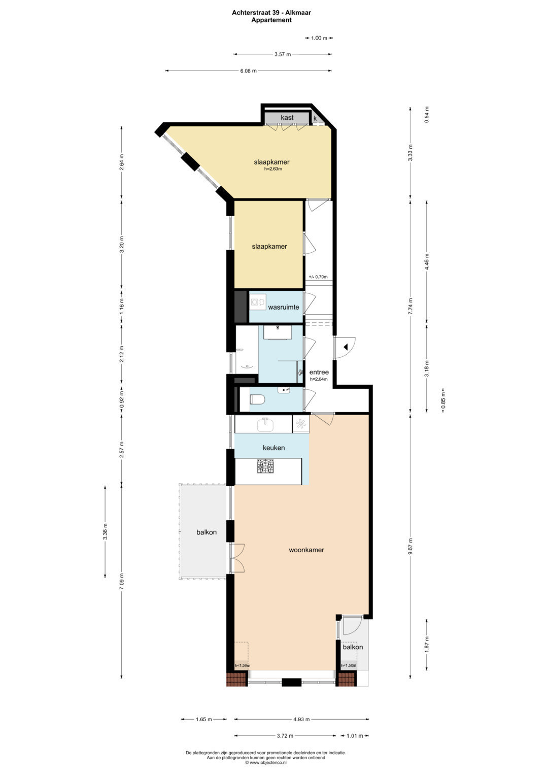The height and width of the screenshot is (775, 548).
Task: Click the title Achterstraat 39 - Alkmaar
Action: pos(271,13)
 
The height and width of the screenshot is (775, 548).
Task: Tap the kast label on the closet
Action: pos(287,118)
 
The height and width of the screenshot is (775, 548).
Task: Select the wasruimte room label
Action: pos(283,307)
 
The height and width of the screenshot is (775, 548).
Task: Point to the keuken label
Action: pos(273,448)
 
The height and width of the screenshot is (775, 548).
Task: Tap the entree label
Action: pos(319,373)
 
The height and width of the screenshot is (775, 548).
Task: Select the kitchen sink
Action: pos(265,424)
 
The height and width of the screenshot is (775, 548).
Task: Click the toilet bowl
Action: pos(257,400)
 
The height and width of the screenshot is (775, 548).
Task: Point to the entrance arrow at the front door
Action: pos(345,347)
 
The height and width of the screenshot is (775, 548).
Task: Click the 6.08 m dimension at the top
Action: pos(249,71)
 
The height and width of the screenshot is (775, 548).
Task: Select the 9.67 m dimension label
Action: pos(410,546)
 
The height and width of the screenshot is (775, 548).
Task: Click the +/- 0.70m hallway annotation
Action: pos(318,277)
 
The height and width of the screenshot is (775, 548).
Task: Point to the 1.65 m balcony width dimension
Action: pos(204,719)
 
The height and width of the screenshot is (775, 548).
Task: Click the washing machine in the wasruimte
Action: pos(255,302)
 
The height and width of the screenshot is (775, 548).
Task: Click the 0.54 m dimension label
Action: pos(427,115)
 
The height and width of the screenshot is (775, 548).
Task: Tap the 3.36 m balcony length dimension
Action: pos(105,532)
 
